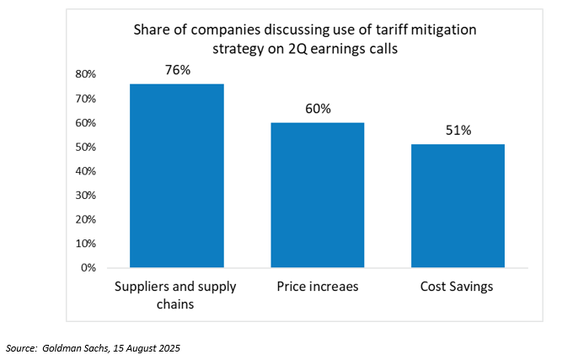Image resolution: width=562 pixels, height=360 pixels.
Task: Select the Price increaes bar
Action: coord(317,195)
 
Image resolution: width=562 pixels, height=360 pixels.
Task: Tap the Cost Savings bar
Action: coord(458,206)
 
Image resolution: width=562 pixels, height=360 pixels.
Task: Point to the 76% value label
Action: coord(176,71)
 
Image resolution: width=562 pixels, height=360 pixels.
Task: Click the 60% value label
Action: coord(317,109)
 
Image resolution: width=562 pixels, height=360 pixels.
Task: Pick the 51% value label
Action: coord(458,131)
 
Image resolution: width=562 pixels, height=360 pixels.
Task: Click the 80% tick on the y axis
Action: coord(86,74)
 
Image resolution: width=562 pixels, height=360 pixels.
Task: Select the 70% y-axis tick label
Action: coord(86,99)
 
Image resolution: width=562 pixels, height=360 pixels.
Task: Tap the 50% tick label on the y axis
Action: coord(86,148)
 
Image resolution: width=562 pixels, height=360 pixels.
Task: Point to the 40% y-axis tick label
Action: coord(86,171)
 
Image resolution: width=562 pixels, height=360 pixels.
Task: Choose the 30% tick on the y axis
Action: coord(86,196)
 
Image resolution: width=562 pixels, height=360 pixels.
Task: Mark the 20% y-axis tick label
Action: coord(86,220)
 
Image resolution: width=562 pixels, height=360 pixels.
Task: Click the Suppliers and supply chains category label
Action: coord(175,294)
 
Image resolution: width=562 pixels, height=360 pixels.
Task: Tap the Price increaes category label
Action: coord(317,287)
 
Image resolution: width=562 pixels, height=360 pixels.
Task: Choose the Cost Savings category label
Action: coord(458,287)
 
